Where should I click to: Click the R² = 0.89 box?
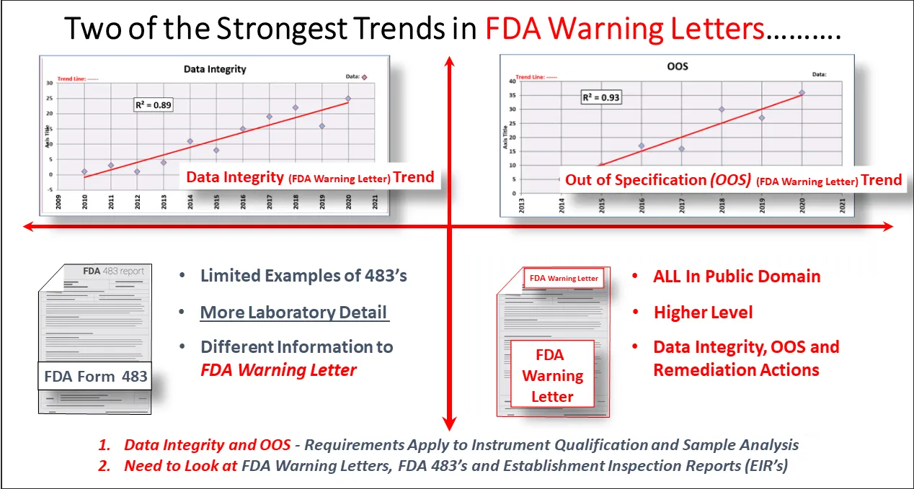154,105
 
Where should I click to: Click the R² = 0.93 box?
601,97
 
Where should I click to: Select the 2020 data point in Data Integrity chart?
348,98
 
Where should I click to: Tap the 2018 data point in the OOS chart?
722,109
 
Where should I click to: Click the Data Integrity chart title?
215,69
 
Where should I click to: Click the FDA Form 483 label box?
95,376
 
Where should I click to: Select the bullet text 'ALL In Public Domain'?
737,277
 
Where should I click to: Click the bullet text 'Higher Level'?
703,312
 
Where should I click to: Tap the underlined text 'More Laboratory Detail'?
294,312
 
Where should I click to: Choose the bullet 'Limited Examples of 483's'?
303,275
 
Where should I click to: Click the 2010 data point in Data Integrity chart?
84,171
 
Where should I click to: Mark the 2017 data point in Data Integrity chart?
269,117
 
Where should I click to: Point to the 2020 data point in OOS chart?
802,92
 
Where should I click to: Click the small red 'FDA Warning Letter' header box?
564,278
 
